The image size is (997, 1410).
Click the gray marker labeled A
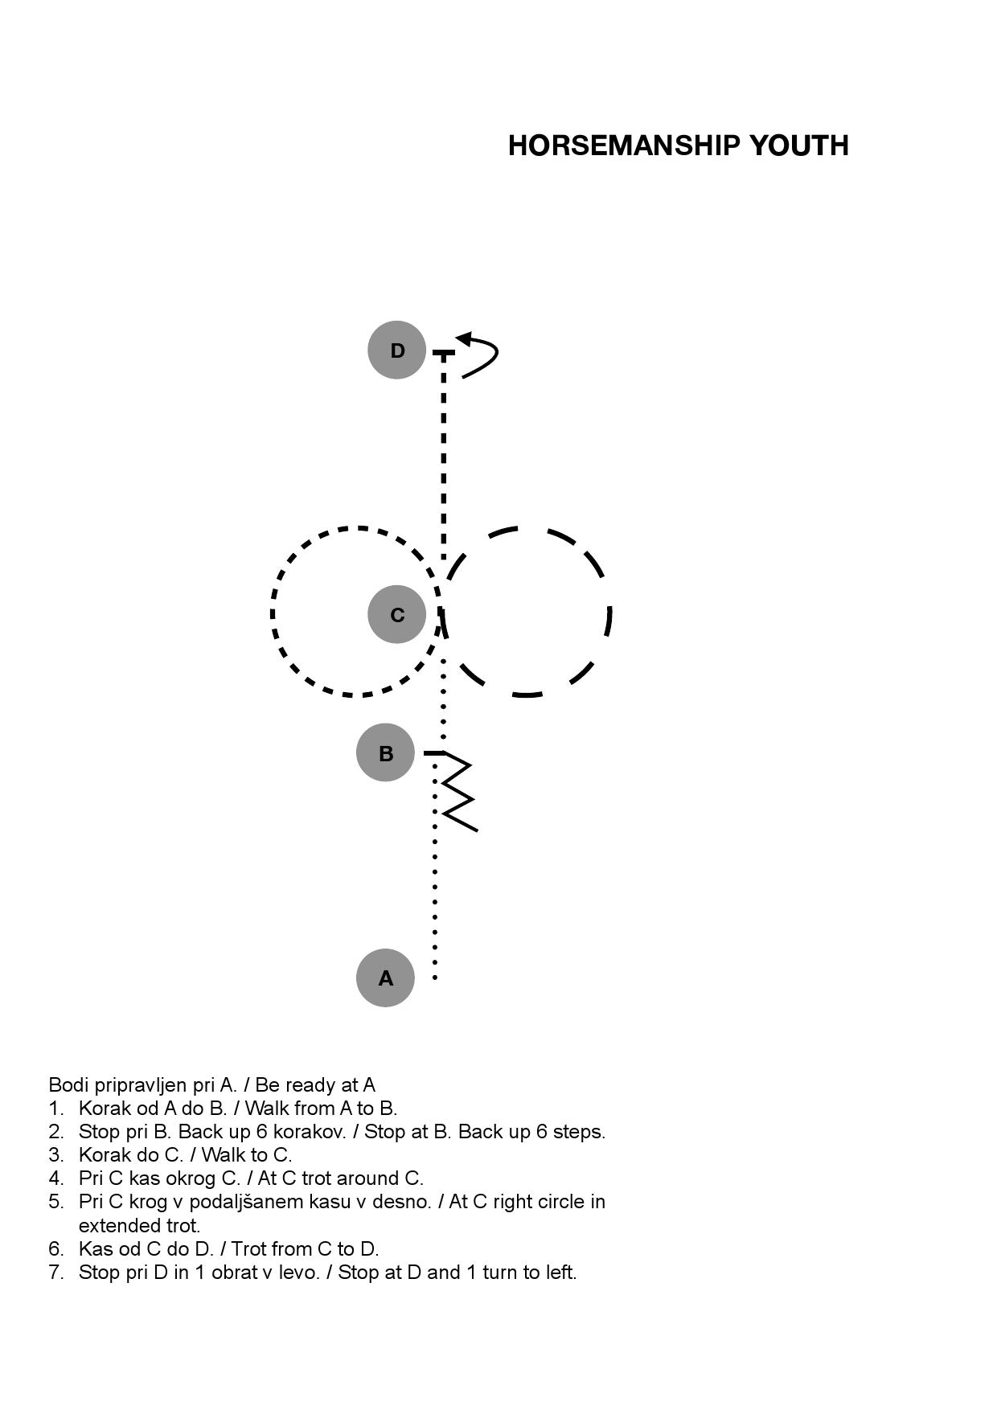coord(385,978)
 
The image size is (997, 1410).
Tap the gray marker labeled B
coord(385,752)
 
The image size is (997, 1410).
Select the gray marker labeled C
coord(396,614)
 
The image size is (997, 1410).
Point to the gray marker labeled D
coord(396,350)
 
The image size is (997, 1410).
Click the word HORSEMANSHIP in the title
coord(624,146)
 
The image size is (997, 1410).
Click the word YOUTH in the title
coord(799,146)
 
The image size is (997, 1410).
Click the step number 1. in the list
coord(56,1109)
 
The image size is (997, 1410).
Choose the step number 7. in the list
coord(56,1273)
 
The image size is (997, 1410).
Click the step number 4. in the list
coord(56,1178)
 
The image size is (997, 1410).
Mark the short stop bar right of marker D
coord(444,352)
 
